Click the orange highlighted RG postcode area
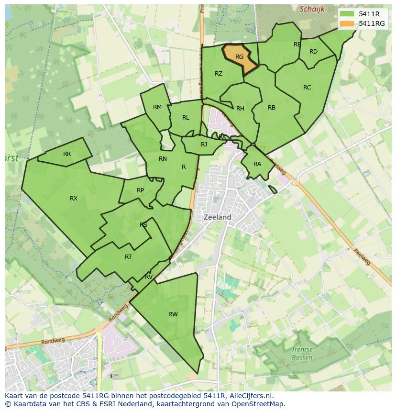(x=239, y=57)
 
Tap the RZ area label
(x=219, y=74)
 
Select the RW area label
(x=173, y=314)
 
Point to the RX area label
(x=74, y=199)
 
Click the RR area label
(x=67, y=154)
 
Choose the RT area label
(x=128, y=257)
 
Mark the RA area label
(x=257, y=164)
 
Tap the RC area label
(x=307, y=88)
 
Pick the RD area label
(x=313, y=52)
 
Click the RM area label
(x=157, y=107)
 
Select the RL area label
(x=186, y=118)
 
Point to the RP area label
(x=140, y=190)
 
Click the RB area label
(x=272, y=108)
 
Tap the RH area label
(x=240, y=109)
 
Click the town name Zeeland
(x=218, y=217)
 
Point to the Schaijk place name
(x=312, y=9)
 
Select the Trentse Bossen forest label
(x=302, y=354)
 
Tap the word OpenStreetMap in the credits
(x=261, y=404)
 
